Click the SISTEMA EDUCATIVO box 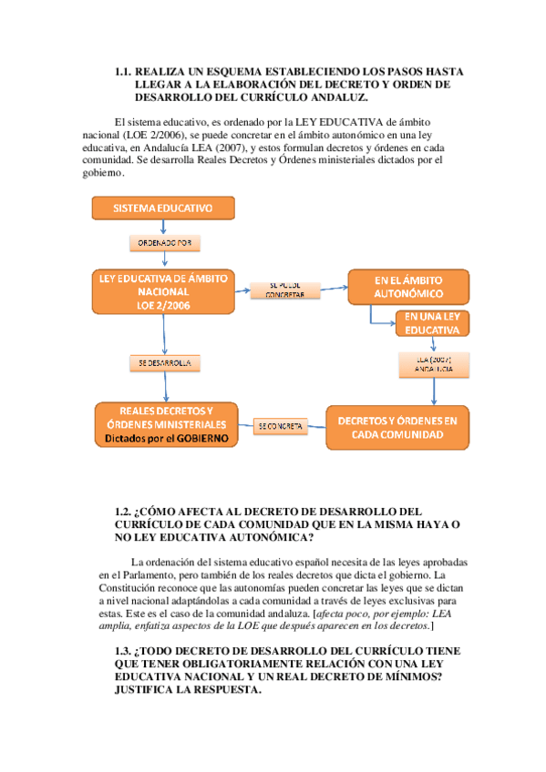click(162, 209)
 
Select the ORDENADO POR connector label click(163, 243)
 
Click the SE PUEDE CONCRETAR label click(284, 289)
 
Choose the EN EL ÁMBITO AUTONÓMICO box click(408, 287)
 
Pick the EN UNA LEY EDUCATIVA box click(431, 323)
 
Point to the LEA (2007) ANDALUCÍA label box click(433, 364)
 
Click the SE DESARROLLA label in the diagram click(165, 363)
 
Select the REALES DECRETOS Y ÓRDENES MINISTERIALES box click(166, 424)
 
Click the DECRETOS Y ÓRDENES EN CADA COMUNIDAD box click(397, 428)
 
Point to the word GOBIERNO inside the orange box click(197, 439)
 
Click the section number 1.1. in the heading click(124, 71)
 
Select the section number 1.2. click(124, 513)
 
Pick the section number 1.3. click(124, 652)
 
